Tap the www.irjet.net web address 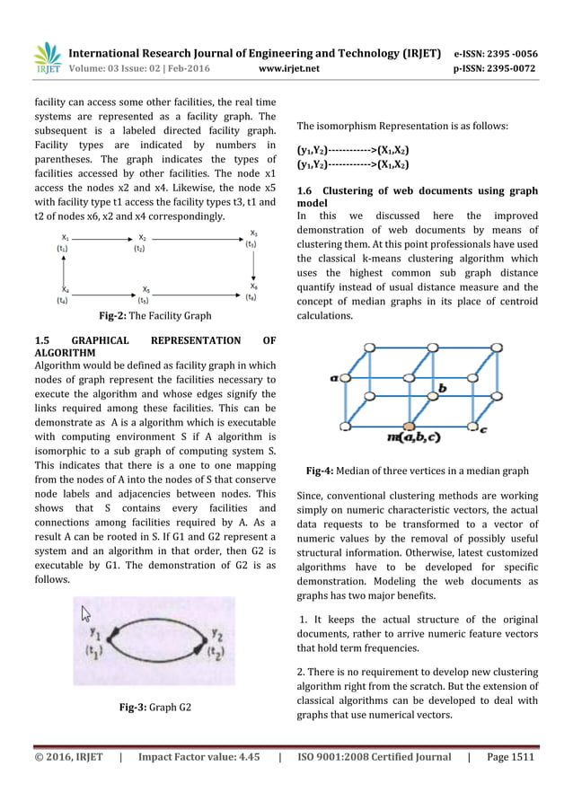click(x=286, y=66)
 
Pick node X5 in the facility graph click(x=145, y=289)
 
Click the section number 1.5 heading click(x=41, y=340)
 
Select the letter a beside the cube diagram click(x=335, y=379)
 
